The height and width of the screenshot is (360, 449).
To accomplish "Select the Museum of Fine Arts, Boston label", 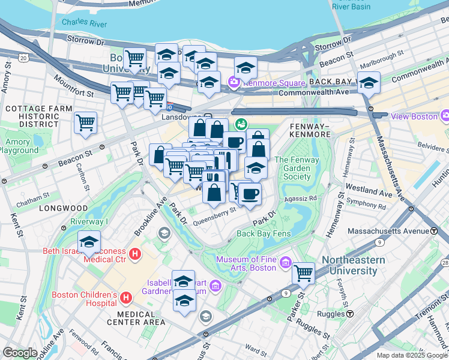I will coord(246,263).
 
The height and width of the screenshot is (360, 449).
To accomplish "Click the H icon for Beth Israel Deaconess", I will coord(135,254).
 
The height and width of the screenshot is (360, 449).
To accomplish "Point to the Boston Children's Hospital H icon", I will coord(126,297).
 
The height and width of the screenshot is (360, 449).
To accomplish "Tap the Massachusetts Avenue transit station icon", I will coord(433,231).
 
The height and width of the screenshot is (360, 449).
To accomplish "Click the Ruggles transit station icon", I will coord(350,313).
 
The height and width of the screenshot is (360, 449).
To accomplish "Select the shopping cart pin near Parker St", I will coord(304,273).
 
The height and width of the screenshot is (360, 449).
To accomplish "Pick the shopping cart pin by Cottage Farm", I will coord(85,122).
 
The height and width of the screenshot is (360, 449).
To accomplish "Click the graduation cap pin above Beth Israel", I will coord(89,242).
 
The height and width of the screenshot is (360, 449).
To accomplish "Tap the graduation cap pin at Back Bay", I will coord(369,82).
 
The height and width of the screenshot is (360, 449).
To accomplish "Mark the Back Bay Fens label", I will coord(264,233).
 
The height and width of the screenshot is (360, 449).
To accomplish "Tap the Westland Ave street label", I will coord(372,193).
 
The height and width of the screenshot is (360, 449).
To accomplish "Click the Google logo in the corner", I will coord(20,353).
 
